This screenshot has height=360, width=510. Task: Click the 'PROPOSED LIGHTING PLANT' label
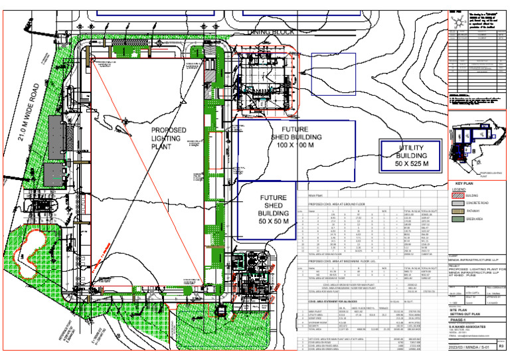[x=168, y=137]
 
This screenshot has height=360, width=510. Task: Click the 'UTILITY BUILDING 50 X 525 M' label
[x=409, y=155]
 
